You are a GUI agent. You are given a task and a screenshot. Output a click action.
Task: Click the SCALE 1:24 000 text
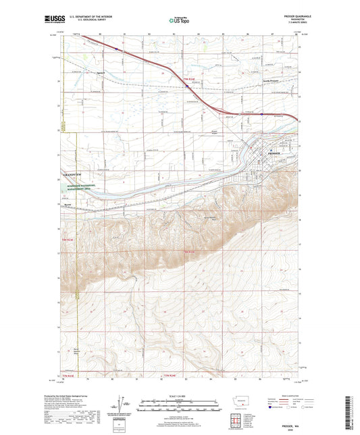[x=179, y=396]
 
